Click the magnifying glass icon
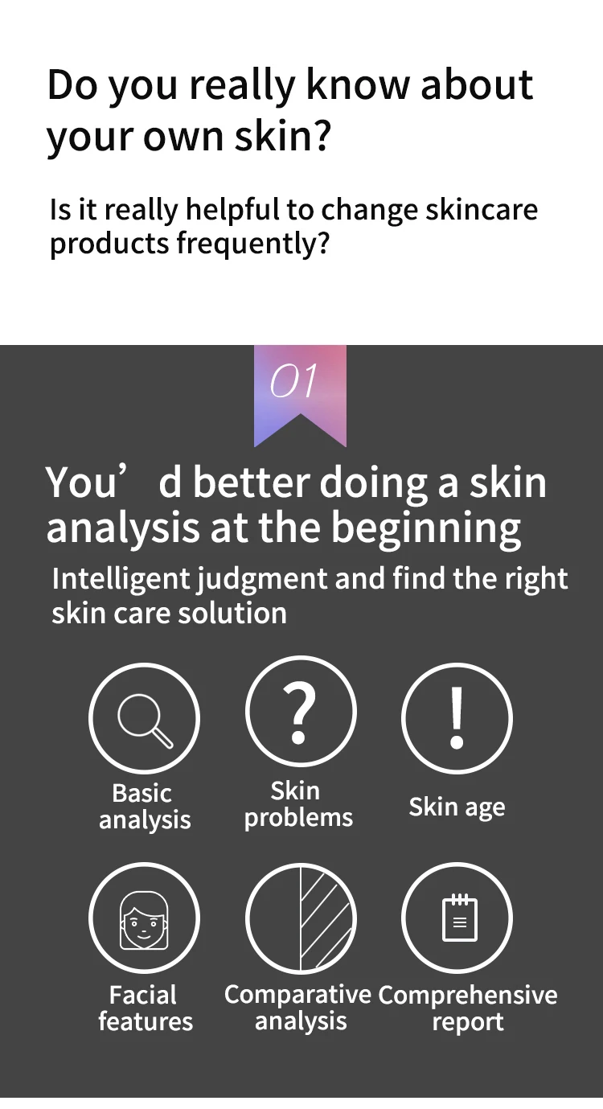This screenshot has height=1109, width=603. [x=145, y=718]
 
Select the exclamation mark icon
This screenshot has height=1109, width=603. [x=457, y=718]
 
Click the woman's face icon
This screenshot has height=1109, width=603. [x=145, y=919]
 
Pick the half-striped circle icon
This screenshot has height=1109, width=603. [x=300, y=919]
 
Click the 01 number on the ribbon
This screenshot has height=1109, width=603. [x=293, y=381]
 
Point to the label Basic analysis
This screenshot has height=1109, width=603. [x=144, y=807]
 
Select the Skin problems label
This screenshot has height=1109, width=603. [x=298, y=804]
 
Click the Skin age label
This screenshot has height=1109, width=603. [x=457, y=807]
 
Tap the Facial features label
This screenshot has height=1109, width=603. [x=145, y=1008]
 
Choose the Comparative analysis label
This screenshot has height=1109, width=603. [x=298, y=1008]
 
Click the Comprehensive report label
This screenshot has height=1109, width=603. [x=467, y=1008]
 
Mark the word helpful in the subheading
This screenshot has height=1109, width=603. [x=232, y=210]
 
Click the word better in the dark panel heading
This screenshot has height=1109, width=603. [x=251, y=483]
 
